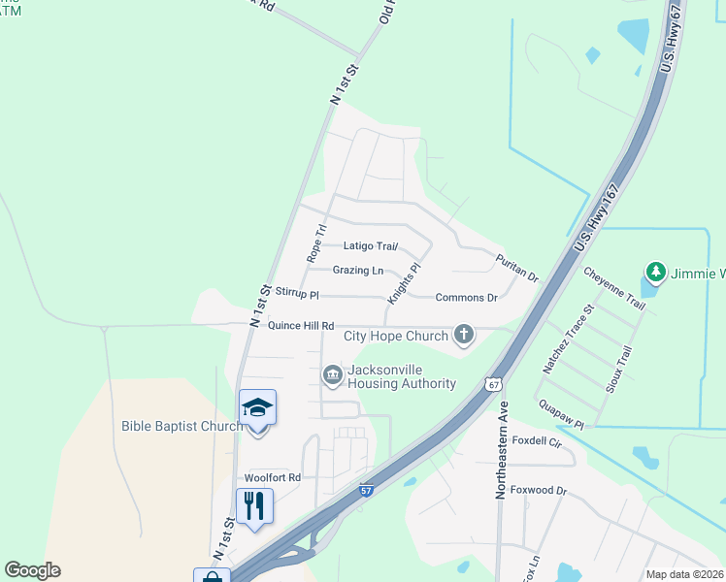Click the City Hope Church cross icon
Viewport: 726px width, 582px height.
click(464, 336)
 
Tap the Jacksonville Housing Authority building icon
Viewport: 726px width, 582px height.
click(332, 374)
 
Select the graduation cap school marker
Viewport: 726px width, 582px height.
click(257, 407)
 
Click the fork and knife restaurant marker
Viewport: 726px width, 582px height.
click(254, 505)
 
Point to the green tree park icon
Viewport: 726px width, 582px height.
click(656, 273)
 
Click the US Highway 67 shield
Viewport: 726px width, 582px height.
click(494, 384)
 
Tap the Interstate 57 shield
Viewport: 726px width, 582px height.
click(366, 493)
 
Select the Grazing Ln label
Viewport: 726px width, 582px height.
click(358, 271)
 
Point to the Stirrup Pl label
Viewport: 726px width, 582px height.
click(297, 292)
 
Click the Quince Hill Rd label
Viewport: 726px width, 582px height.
click(301, 326)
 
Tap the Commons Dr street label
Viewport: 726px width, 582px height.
click(466, 298)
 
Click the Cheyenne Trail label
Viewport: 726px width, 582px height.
click(614, 289)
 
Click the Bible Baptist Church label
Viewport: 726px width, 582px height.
click(182, 426)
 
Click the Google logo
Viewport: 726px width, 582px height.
click(32, 570)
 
